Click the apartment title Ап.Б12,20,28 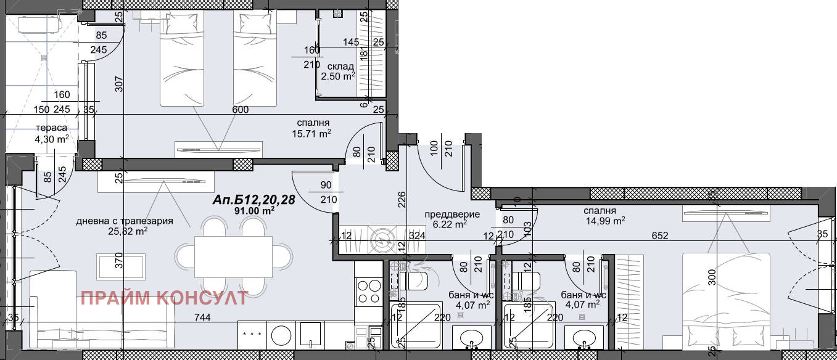(254, 200)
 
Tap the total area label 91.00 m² (255, 211)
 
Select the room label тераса (52, 128)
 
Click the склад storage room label (340, 67)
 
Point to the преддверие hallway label (452, 215)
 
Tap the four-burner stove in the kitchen (368, 292)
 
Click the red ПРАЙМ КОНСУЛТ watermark (165, 298)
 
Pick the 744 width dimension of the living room (202, 317)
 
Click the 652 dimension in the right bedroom (660, 235)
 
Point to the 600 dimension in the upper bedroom (241, 110)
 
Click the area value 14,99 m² (605, 221)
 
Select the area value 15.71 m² (311, 134)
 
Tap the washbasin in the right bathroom (584, 338)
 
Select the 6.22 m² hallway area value (453, 225)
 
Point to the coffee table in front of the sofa (121, 267)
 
